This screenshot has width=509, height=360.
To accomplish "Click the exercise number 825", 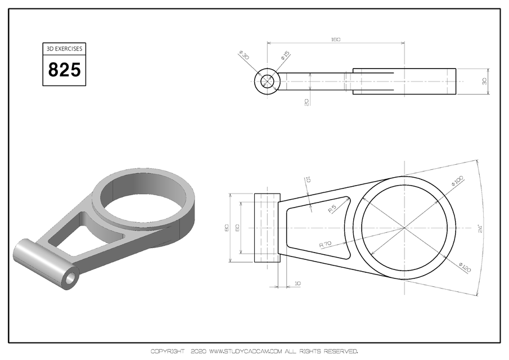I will click(x=65, y=70).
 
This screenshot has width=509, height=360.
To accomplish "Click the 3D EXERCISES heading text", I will click(x=65, y=49).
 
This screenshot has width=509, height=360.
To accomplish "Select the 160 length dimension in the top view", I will click(x=336, y=40).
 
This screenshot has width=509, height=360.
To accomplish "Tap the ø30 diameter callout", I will click(x=244, y=56).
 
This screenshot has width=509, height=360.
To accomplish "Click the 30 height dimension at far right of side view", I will click(x=484, y=82).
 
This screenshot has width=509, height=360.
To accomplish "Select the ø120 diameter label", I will click(x=465, y=267).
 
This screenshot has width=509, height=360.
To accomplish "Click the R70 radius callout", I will click(x=326, y=244).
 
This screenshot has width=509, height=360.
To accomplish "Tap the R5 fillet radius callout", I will click(x=332, y=209).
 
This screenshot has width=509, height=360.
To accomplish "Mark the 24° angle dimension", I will click(x=480, y=228).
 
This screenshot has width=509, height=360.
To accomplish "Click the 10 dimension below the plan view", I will click(x=296, y=283).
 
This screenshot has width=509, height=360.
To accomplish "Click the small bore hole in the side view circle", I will click(x=267, y=82).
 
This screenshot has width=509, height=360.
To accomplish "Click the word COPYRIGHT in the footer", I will click(x=167, y=352).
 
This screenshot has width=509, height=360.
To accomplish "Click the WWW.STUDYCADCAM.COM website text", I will click(x=245, y=352).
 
